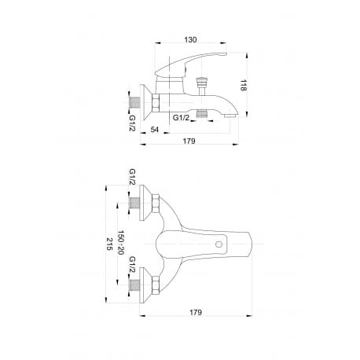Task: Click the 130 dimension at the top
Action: pos(190,40)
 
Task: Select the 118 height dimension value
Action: pos(244,85)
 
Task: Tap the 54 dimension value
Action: pos(155,129)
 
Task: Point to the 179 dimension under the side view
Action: pos(189,141)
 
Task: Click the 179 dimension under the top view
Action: pos(196,312)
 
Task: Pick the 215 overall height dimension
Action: pos(109,244)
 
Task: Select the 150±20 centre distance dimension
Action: pos(120,243)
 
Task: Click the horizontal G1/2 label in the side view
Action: pos(181,118)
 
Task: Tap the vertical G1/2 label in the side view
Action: pos(132,123)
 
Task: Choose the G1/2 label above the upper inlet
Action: pos(132,177)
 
